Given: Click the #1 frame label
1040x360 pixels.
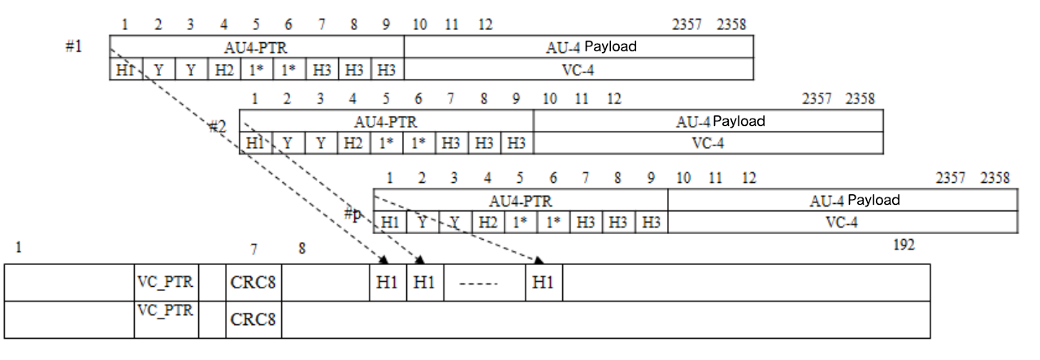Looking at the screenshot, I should (x=74, y=46).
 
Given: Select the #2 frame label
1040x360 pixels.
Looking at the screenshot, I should (x=217, y=127).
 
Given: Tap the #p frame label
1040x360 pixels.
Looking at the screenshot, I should (x=353, y=215).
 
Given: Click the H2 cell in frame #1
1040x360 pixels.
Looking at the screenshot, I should (x=224, y=70).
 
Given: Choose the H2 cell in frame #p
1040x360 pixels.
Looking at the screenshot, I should (x=487, y=222).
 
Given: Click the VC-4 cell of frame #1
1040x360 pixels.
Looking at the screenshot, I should (x=578, y=70).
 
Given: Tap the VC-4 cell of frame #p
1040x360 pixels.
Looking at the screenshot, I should (x=842, y=222).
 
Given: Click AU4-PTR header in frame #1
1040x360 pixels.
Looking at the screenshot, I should (x=257, y=47).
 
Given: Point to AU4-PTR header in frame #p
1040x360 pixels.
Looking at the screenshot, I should (x=520, y=201).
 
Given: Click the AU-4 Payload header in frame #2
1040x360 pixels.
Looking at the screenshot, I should (x=721, y=121).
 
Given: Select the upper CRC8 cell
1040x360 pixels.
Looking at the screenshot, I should (x=253, y=284).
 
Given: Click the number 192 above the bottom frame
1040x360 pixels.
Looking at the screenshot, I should (x=903, y=245).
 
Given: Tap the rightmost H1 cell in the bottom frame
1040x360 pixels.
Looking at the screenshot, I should (x=544, y=284).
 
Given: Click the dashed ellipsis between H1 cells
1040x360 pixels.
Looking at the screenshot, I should (x=484, y=284).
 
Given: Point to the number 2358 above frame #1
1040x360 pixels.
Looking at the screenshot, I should (x=731, y=24).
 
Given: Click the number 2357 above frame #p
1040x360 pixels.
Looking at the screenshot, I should (x=951, y=178).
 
